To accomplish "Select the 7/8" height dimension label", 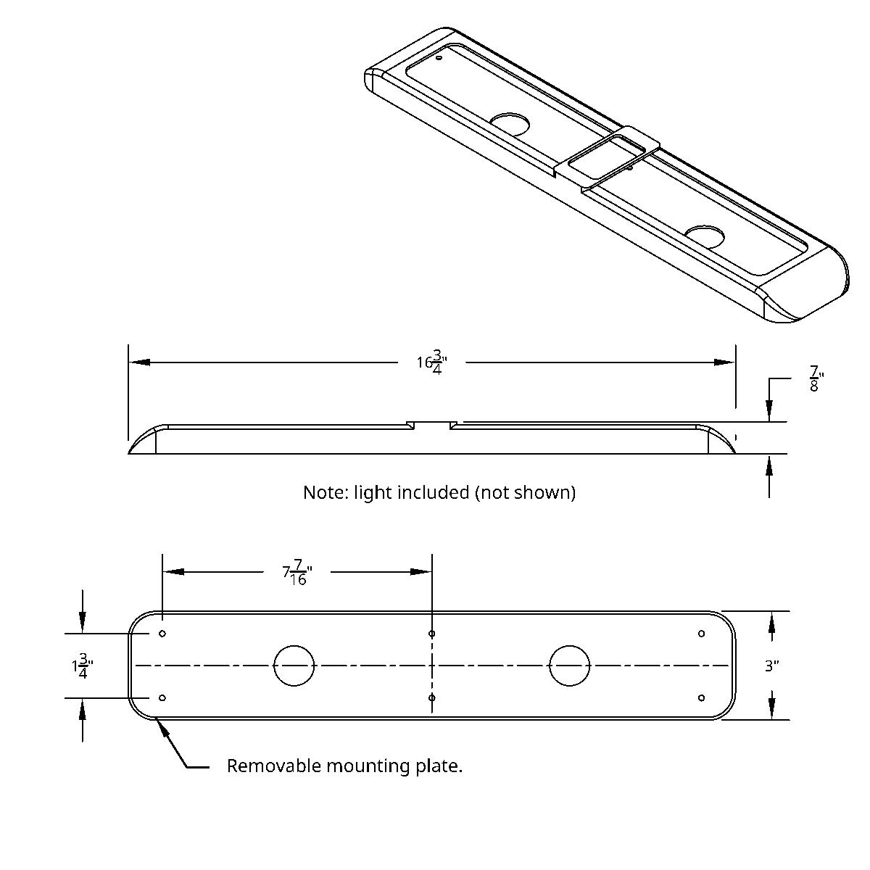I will [x=816, y=378].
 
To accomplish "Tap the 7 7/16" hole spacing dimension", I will [x=295, y=572].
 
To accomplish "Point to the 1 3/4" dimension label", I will [x=82, y=666].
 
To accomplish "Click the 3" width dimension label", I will [x=772, y=666].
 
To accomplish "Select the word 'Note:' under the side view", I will [x=326, y=492].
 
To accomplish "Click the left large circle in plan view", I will [x=294, y=665].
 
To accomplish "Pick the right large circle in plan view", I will [x=570, y=665].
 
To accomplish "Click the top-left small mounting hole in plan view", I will [x=162, y=634].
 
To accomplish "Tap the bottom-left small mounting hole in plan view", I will [x=162, y=697].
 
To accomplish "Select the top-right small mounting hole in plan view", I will [x=702, y=634].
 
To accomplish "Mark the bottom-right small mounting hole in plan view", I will [x=702, y=697].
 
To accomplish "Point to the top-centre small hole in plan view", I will [x=432, y=634].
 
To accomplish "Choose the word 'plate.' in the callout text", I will [x=442, y=766].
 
